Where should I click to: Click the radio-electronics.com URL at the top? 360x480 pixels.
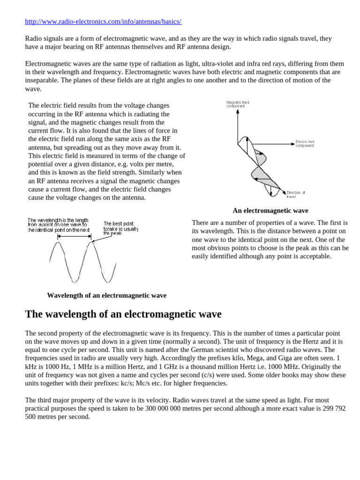tap(103, 22)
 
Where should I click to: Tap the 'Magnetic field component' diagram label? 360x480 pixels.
tap(239, 104)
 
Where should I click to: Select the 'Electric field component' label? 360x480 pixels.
tap(305, 143)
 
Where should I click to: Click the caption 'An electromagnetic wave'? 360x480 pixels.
tap(270, 210)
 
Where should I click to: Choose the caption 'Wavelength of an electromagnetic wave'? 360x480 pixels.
tap(106, 295)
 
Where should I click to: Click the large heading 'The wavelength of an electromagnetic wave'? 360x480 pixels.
tap(123, 314)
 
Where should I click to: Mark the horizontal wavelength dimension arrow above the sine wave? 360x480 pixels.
tap(75, 238)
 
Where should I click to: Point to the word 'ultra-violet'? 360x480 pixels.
tap(197, 63)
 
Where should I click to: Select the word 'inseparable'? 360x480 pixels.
tap(43, 80)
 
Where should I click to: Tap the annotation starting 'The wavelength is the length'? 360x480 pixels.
tap(58, 224)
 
